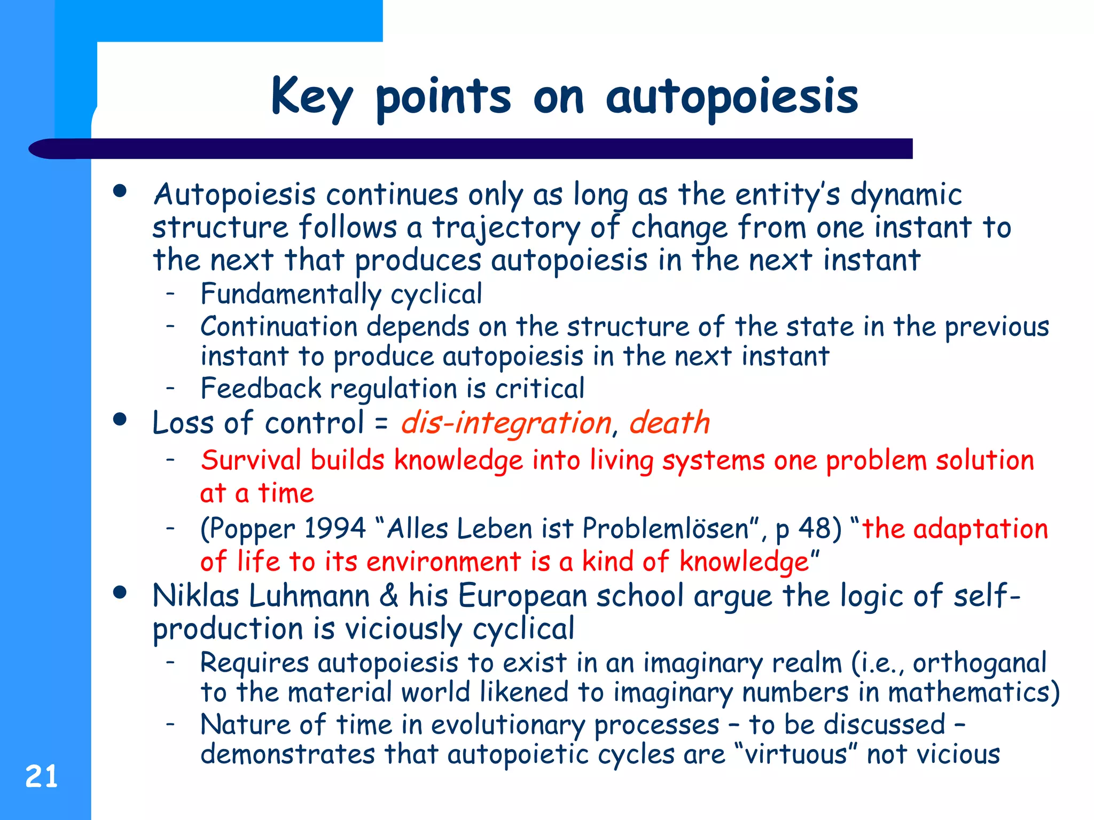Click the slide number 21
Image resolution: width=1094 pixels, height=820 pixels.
click(x=41, y=776)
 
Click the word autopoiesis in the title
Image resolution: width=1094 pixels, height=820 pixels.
click(x=732, y=97)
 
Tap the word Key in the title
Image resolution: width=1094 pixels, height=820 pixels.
click(x=311, y=97)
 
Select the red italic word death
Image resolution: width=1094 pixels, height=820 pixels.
click(x=669, y=423)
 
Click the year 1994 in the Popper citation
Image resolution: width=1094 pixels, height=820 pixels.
click(x=334, y=529)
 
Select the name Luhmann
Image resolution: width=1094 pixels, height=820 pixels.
click(x=309, y=596)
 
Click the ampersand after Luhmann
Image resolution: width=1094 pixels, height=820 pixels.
click(x=388, y=596)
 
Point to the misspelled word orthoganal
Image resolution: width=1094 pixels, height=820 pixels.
click(x=979, y=664)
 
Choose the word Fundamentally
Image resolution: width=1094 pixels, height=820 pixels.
click(x=291, y=294)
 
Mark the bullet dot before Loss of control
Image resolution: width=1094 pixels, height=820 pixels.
click(x=120, y=419)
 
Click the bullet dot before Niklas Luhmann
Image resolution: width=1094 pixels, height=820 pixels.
click(x=120, y=592)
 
